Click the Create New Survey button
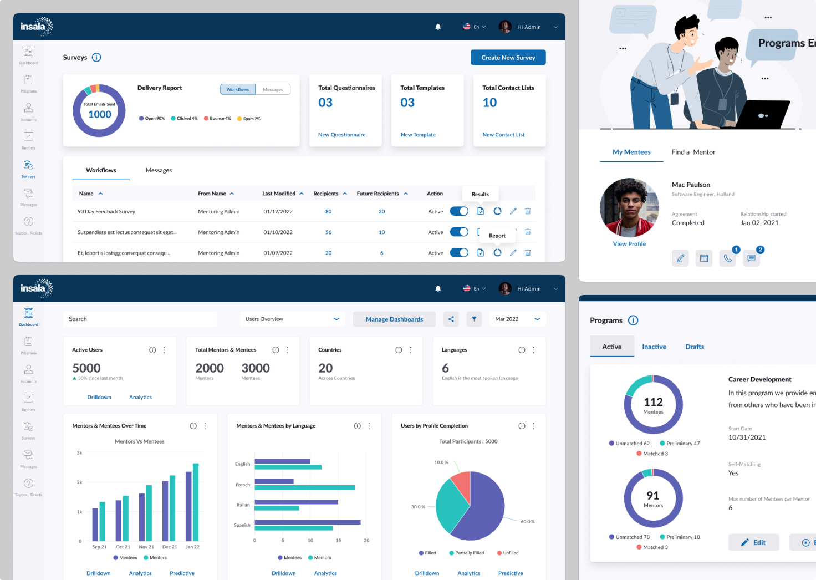pos(508,58)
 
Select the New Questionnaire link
pos(341,135)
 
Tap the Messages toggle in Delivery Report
pos(273,89)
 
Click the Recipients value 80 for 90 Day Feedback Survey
pos(328,212)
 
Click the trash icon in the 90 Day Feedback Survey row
pos(528,211)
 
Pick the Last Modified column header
pos(279,194)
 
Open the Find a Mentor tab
pos(693,152)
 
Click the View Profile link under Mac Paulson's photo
pos(629,244)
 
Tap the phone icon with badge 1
pos(727,258)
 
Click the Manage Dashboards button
pos(394,319)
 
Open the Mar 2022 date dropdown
pos(517,319)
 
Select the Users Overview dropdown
pos(292,319)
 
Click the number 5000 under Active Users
pos(86,368)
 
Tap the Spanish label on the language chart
pos(242,525)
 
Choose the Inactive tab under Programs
pos(654,347)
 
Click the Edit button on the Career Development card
pos(753,542)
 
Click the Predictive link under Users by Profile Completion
pos(511,573)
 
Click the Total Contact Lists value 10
pos(489,103)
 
